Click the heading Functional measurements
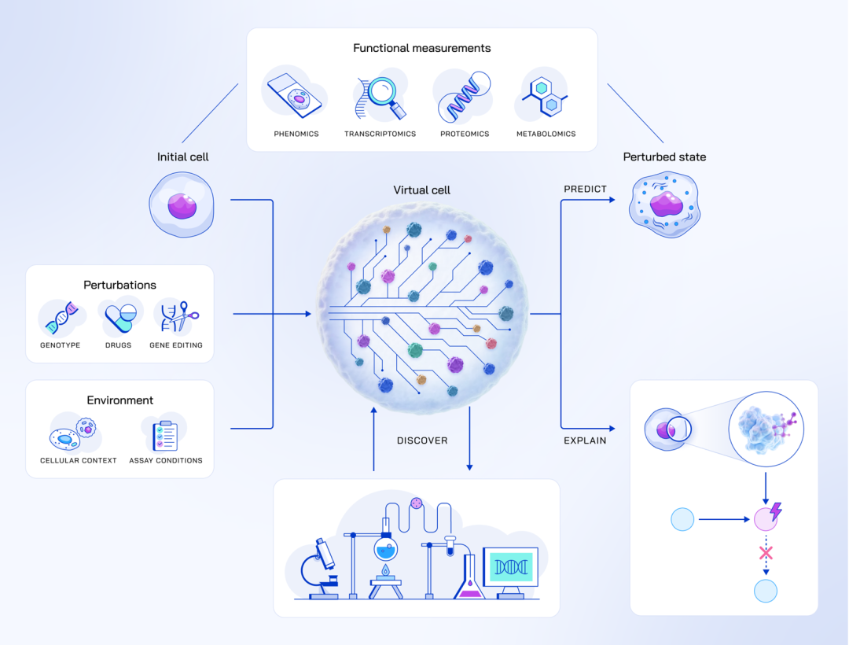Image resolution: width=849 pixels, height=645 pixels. pyautogui.click(x=421, y=48)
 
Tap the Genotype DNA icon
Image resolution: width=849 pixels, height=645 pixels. pyautogui.click(x=61, y=317)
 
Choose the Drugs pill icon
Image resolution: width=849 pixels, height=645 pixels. pyautogui.click(x=121, y=317)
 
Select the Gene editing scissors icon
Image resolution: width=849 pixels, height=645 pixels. pyautogui.click(x=178, y=316)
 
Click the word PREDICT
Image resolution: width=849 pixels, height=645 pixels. pyautogui.click(x=585, y=190)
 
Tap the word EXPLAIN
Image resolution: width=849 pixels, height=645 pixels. pyautogui.click(x=585, y=440)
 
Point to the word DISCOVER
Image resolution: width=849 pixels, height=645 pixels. pyautogui.click(x=422, y=440)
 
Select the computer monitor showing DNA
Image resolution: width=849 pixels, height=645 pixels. pyautogui.click(x=510, y=568)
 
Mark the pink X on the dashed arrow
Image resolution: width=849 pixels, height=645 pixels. pyautogui.click(x=766, y=553)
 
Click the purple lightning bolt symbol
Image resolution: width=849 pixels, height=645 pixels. pyautogui.click(x=776, y=512)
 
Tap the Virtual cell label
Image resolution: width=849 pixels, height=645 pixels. pyautogui.click(x=421, y=190)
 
